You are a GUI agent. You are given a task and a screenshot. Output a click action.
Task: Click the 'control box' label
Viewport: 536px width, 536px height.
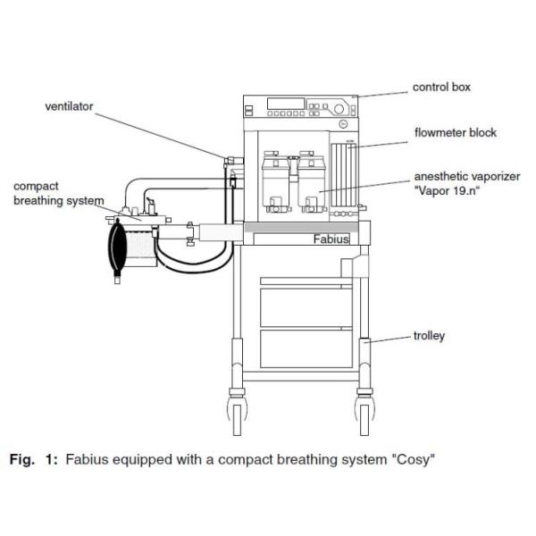(441, 88)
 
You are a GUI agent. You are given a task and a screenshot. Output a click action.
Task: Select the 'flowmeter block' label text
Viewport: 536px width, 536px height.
(455, 133)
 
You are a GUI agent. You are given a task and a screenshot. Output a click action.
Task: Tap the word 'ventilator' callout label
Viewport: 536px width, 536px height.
(70, 106)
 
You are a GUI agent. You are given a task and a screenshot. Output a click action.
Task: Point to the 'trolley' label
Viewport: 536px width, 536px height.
(431, 336)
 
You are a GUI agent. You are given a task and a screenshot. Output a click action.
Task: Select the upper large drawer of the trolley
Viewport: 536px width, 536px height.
(304, 299)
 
